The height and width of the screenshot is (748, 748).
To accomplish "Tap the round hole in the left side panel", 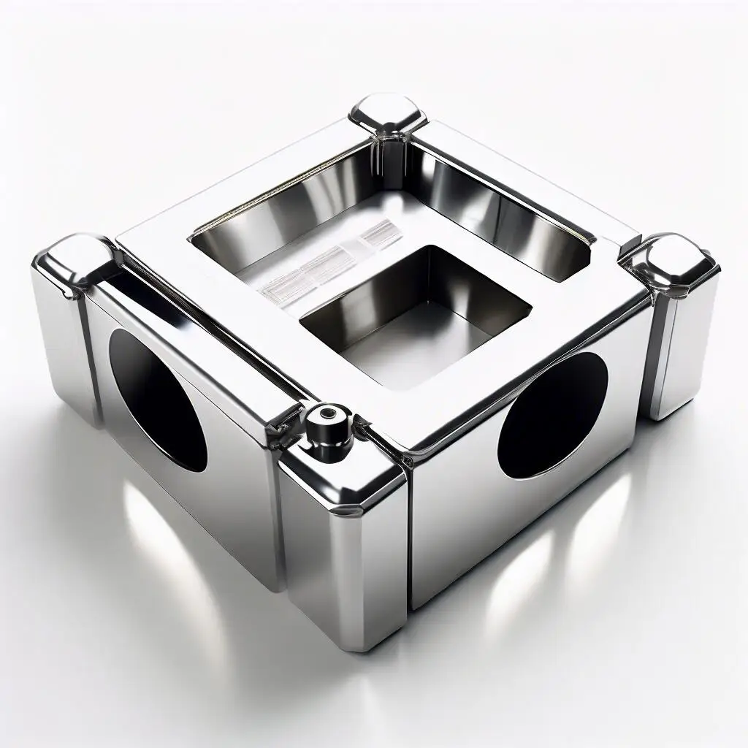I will (x=156, y=400).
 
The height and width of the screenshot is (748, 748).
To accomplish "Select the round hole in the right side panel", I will (x=553, y=415).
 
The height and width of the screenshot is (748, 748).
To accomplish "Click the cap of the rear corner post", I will (x=387, y=115).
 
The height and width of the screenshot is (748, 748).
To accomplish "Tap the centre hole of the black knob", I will (x=326, y=413).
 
